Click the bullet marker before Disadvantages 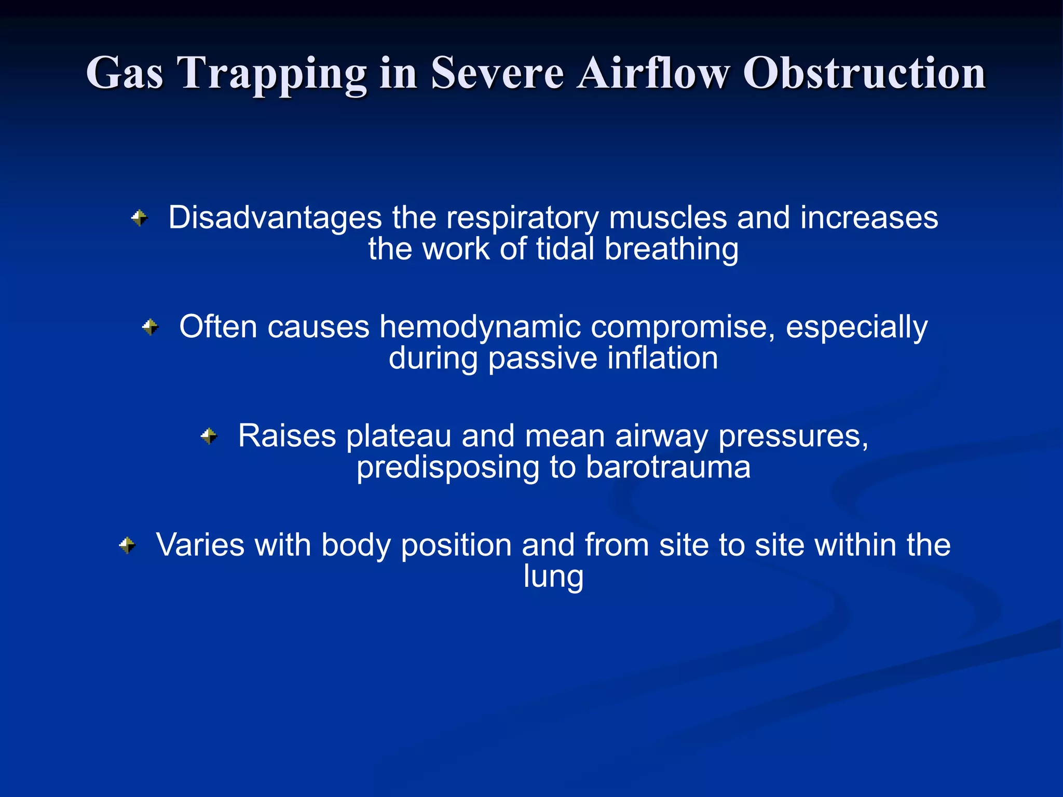(x=139, y=218)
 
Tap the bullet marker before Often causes (x=150, y=327)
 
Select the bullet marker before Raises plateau (x=209, y=436)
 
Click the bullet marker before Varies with (x=127, y=545)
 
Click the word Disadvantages (x=275, y=217)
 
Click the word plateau (x=399, y=436)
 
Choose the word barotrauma (x=668, y=467)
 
